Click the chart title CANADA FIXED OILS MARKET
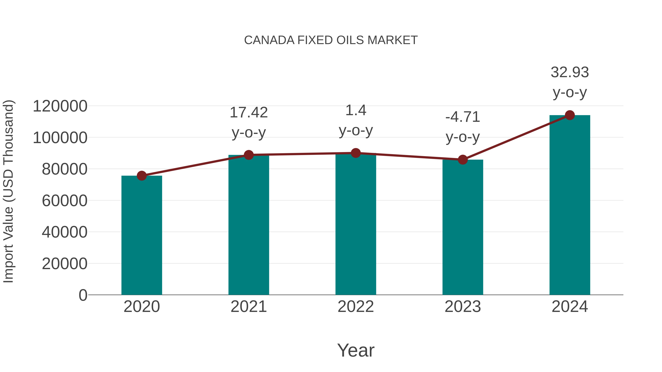point(331,40)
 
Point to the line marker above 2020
point(142,176)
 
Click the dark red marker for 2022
point(356,153)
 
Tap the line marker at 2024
point(570,115)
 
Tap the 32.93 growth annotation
point(570,82)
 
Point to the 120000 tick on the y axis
point(60,106)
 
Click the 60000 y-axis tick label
point(65,201)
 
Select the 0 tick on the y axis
point(83,295)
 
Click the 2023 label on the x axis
point(463,307)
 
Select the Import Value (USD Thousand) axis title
point(8,191)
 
